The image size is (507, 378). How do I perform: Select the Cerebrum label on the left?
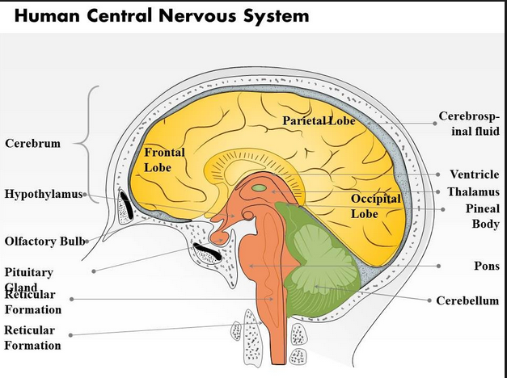pos(32,144)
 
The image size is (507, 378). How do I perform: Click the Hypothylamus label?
pos(43,194)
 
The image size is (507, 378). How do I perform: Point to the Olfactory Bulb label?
pos(45,241)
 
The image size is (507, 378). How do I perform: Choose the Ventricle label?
pos(474,174)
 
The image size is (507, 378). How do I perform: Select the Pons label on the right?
pos(487,266)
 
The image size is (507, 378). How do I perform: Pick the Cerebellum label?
pos(467,300)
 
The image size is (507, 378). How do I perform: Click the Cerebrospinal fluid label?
pos(469,124)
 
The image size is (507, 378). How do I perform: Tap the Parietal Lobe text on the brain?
pos(319,121)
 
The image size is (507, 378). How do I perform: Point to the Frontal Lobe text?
pos(164,159)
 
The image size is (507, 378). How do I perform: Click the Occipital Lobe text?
pos(376,206)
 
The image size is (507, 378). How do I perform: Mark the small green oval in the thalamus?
pos(259,188)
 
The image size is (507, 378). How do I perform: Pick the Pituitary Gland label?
pos(29,279)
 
